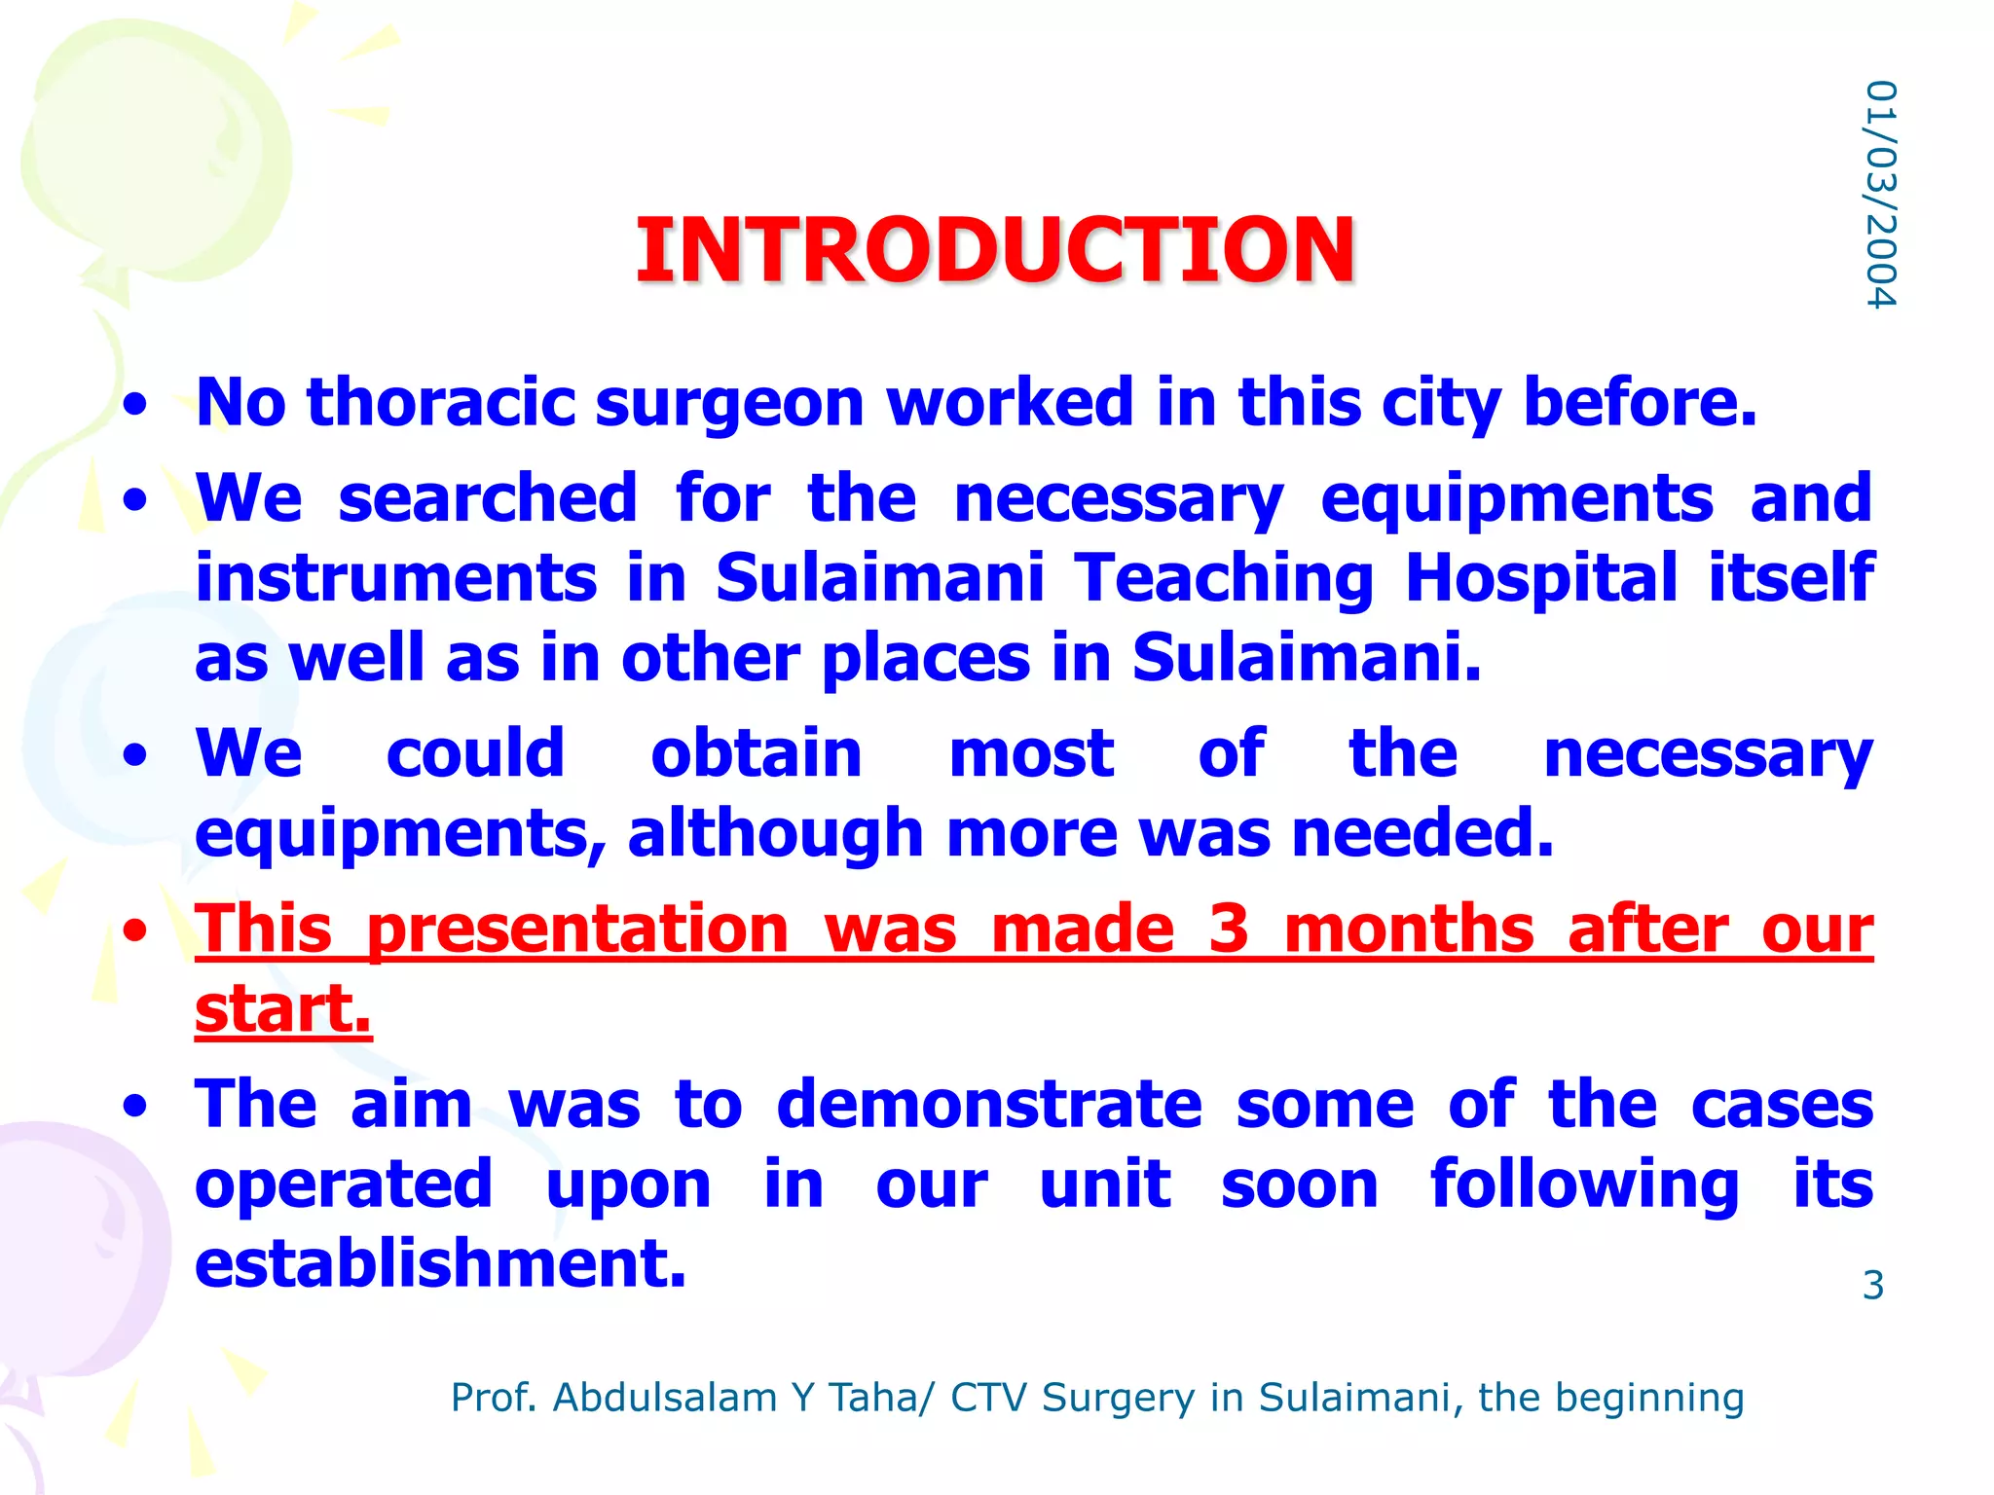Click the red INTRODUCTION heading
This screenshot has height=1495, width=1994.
tap(994, 250)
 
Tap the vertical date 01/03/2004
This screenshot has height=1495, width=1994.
tap(1880, 195)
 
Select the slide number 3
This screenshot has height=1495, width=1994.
tap(1872, 1286)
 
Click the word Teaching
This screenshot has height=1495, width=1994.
tap(1224, 579)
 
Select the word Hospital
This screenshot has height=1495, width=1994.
tap(1541, 579)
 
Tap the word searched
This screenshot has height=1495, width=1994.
tap(487, 498)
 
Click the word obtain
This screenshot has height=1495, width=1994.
tap(756, 754)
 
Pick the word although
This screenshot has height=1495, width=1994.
tap(774, 835)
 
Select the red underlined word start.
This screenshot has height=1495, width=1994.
tap(282, 1009)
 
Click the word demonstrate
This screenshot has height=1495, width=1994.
tap(988, 1105)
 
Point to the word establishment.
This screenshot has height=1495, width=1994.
tap(440, 1264)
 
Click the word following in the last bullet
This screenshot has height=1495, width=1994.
tap(1584, 1186)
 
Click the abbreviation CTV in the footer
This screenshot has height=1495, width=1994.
tap(988, 1398)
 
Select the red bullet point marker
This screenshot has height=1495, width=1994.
tap(135, 930)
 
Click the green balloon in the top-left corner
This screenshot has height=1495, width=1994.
tap(156, 146)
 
